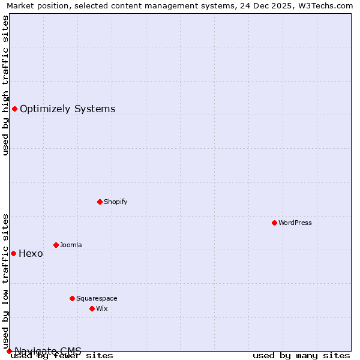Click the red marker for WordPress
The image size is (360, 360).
(274, 223)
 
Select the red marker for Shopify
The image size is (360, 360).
(100, 202)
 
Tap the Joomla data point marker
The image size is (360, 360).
(56, 245)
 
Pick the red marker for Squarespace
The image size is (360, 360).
(72, 298)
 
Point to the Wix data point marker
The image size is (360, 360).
(92, 308)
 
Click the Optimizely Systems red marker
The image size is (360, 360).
(14, 109)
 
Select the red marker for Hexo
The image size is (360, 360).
(13, 253)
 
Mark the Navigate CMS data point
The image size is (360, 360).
(9, 351)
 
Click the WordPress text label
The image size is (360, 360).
(295, 223)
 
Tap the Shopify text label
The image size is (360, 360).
(115, 202)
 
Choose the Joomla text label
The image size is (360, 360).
(71, 245)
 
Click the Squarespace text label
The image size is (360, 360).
(97, 298)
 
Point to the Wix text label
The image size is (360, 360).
(101, 308)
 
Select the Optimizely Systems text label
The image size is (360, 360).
(67, 109)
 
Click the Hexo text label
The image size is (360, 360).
(31, 253)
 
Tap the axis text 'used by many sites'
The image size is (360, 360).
(301, 356)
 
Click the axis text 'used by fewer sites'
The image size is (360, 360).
(62, 356)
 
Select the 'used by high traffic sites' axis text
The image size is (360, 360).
(6, 85)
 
